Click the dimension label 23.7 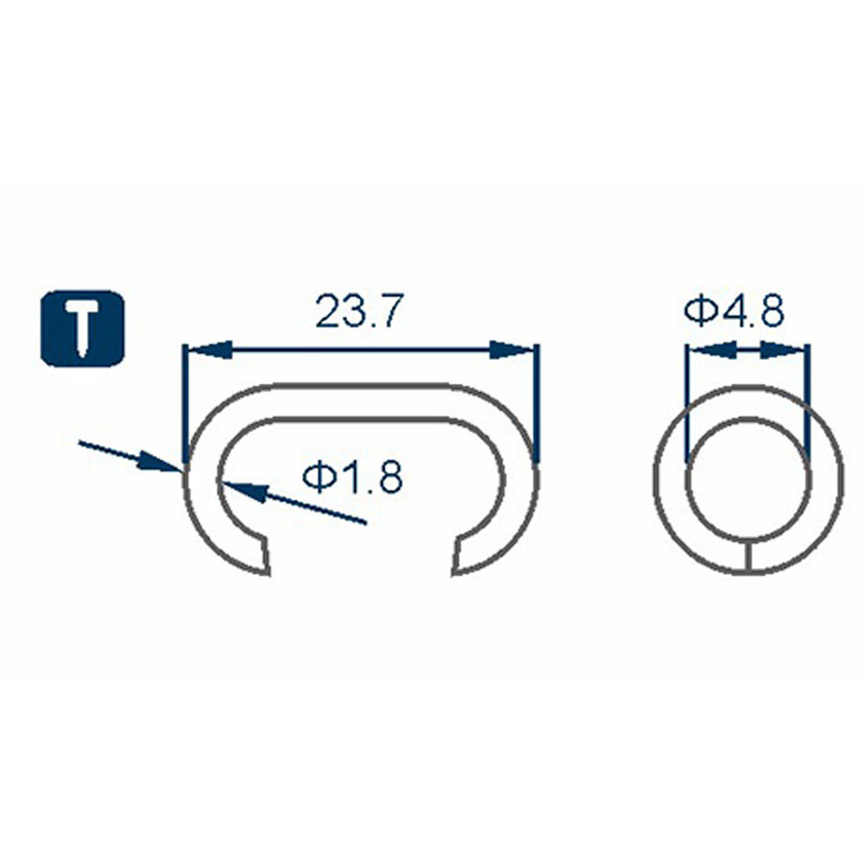[x=356, y=313]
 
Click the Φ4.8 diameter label [x=735, y=311]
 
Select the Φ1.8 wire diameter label [x=351, y=477]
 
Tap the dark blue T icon [x=84, y=326]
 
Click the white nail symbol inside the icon [x=84, y=327]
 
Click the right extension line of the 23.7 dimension [x=537, y=403]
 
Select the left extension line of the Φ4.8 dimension [x=686, y=403]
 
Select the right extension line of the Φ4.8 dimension [x=807, y=403]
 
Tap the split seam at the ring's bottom [x=747, y=558]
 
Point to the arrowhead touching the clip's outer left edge [x=163, y=465]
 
